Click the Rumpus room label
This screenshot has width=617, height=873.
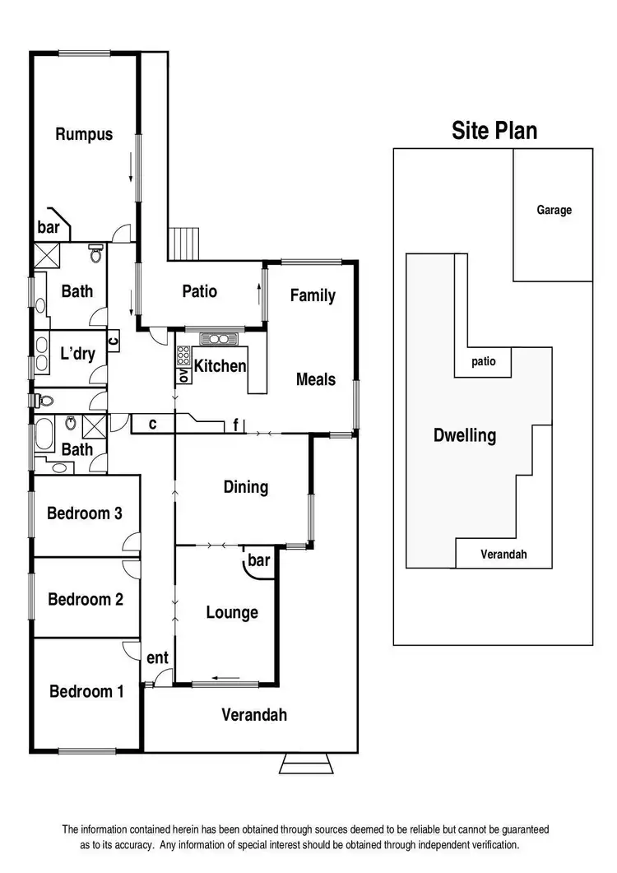tap(84, 135)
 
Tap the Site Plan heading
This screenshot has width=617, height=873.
tap(494, 131)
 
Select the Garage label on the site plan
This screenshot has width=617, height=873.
tap(554, 211)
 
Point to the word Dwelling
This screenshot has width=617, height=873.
tap(465, 435)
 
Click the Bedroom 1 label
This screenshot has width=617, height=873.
tap(86, 691)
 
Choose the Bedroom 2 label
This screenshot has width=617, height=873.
tap(86, 599)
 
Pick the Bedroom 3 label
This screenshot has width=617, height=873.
tap(85, 513)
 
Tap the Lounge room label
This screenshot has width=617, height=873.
tap(232, 612)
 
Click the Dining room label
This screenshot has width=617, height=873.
tap(246, 487)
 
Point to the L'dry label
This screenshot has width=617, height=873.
tap(78, 355)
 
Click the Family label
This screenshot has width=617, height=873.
tap(313, 295)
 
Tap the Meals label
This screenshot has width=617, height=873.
tap(316, 379)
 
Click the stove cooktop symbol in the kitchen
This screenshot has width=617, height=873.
tap(218, 339)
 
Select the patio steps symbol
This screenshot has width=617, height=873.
tap(186, 243)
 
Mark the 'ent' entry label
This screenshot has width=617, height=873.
tap(157, 657)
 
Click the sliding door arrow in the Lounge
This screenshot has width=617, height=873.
tap(225, 679)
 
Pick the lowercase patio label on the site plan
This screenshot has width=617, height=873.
tap(483, 361)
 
